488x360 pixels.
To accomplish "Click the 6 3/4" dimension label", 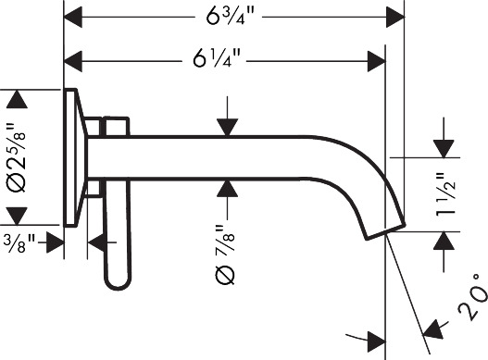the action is click(230, 16).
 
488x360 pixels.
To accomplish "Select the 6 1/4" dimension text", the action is click(217, 58).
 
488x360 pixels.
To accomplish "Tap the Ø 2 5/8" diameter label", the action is click(16, 157).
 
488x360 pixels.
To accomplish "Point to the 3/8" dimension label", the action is click(19, 243).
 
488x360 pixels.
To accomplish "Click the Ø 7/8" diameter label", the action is click(225, 254).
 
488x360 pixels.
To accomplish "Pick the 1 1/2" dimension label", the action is click(445, 195).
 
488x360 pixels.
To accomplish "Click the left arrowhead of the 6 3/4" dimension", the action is click(72, 17).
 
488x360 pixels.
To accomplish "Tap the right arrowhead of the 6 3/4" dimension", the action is click(395, 17).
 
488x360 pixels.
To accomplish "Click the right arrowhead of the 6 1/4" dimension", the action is click(377, 61).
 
